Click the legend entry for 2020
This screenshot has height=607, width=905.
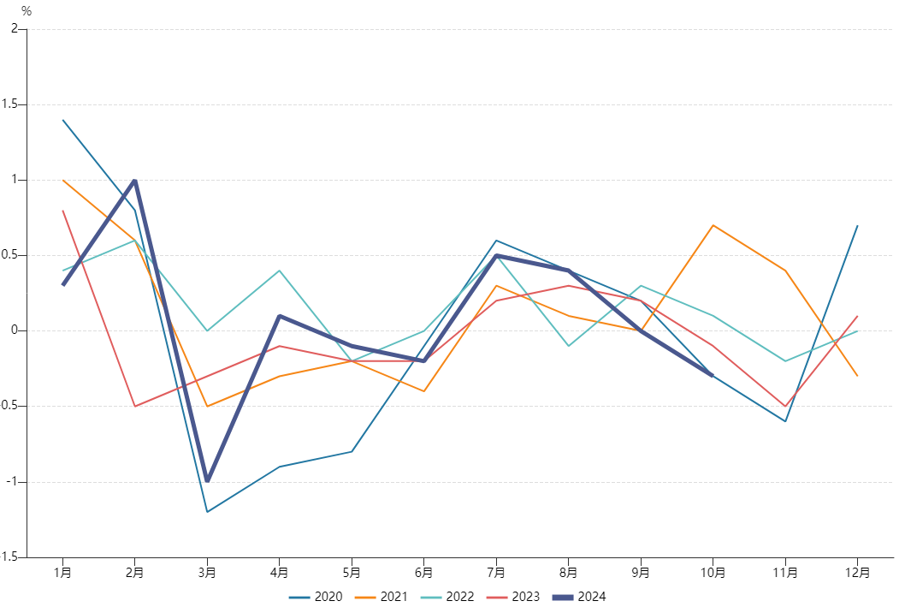[316, 597]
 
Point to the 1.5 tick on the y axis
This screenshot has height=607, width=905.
[12, 104]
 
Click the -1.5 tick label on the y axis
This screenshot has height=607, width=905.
[9, 556]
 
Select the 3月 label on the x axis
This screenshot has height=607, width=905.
[207, 571]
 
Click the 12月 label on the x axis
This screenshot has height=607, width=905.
[857, 571]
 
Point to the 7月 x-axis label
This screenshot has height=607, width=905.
[496, 571]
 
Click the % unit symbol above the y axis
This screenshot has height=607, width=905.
[26, 11]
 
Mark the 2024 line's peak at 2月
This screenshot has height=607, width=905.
[135, 181]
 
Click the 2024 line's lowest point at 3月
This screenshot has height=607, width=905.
[207, 481]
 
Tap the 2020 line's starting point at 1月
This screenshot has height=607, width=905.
[63, 120]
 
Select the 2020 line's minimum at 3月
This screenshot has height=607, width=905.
[207, 511]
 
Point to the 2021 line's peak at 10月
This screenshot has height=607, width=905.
[713, 225]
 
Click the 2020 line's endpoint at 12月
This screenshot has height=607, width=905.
[857, 226]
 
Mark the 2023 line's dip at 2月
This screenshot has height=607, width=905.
[135, 406]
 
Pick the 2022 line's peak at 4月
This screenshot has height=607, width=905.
[280, 271]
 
